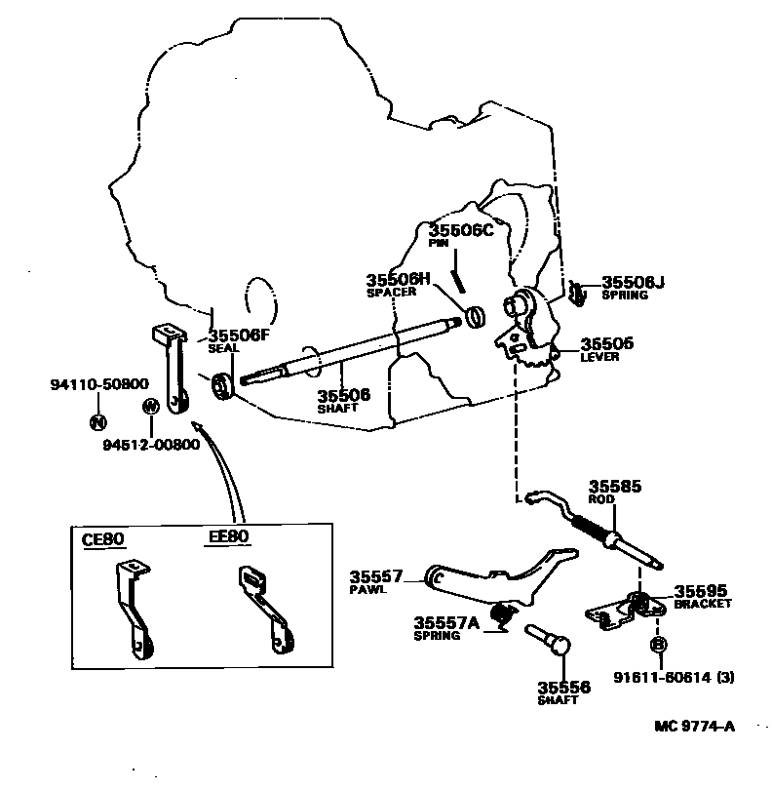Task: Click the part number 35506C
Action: tap(462, 230)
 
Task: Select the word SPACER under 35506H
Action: tap(391, 293)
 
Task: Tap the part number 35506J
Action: tap(633, 282)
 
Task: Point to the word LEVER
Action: tap(599, 357)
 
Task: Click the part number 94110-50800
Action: tap(99, 384)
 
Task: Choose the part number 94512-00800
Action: tap(151, 445)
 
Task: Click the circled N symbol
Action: tap(97, 421)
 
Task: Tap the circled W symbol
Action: tap(150, 406)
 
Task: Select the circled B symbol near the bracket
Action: tap(658, 645)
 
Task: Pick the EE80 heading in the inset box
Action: tap(229, 537)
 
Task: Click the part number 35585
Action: tap(614, 485)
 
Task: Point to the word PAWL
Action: tap(368, 591)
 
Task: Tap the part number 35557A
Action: tap(445, 623)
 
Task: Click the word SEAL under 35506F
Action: tap(224, 348)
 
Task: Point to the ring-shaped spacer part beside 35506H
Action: tap(476, 316)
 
